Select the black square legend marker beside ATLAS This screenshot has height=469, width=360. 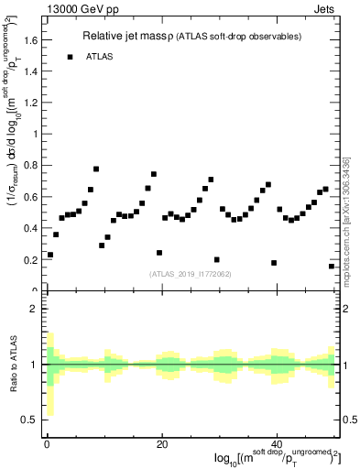coord(70,57)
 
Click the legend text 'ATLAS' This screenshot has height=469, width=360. coord(101,57)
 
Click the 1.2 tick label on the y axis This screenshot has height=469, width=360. coord(34,103)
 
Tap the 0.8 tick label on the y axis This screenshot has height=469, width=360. coord(34,166)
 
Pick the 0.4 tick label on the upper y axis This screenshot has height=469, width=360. coord(34,228)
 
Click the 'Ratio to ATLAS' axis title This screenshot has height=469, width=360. coord(13,365)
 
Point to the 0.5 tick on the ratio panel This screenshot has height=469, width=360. coord(34,420)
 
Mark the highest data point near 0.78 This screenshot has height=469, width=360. coord(96,169)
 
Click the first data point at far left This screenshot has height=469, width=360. coord(50,255)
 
